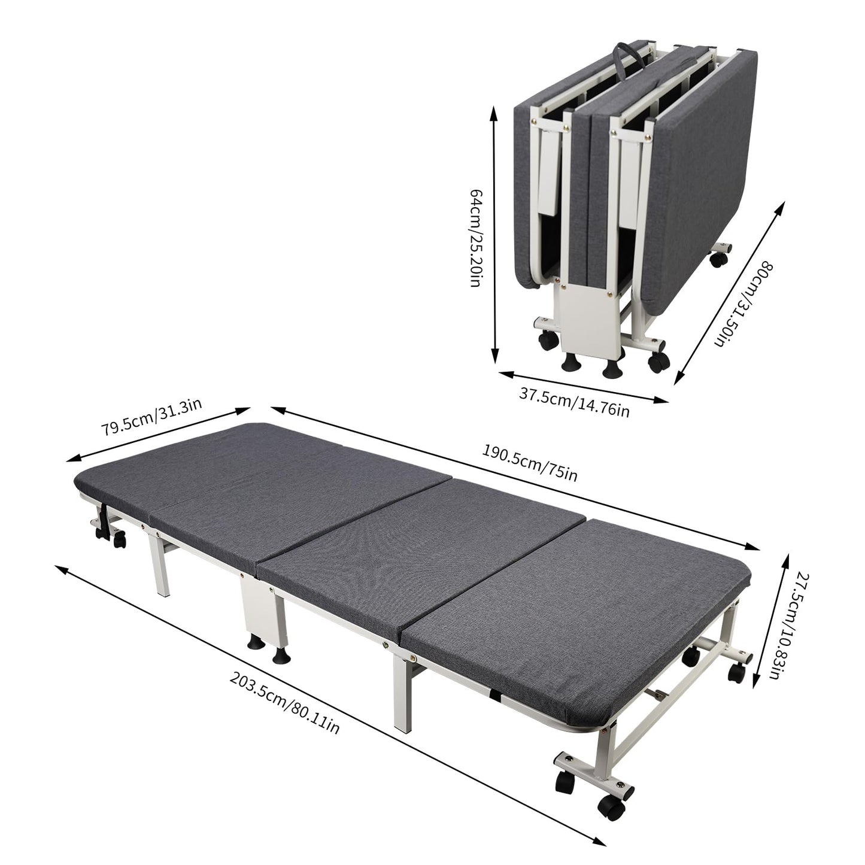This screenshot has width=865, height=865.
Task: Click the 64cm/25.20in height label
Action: (x=476, y=238)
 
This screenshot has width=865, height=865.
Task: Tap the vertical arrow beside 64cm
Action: (x=494, y=235)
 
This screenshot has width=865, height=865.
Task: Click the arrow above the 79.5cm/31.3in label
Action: (x=158, y=434)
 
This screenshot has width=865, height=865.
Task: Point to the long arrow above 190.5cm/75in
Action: (x=515, y=478)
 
